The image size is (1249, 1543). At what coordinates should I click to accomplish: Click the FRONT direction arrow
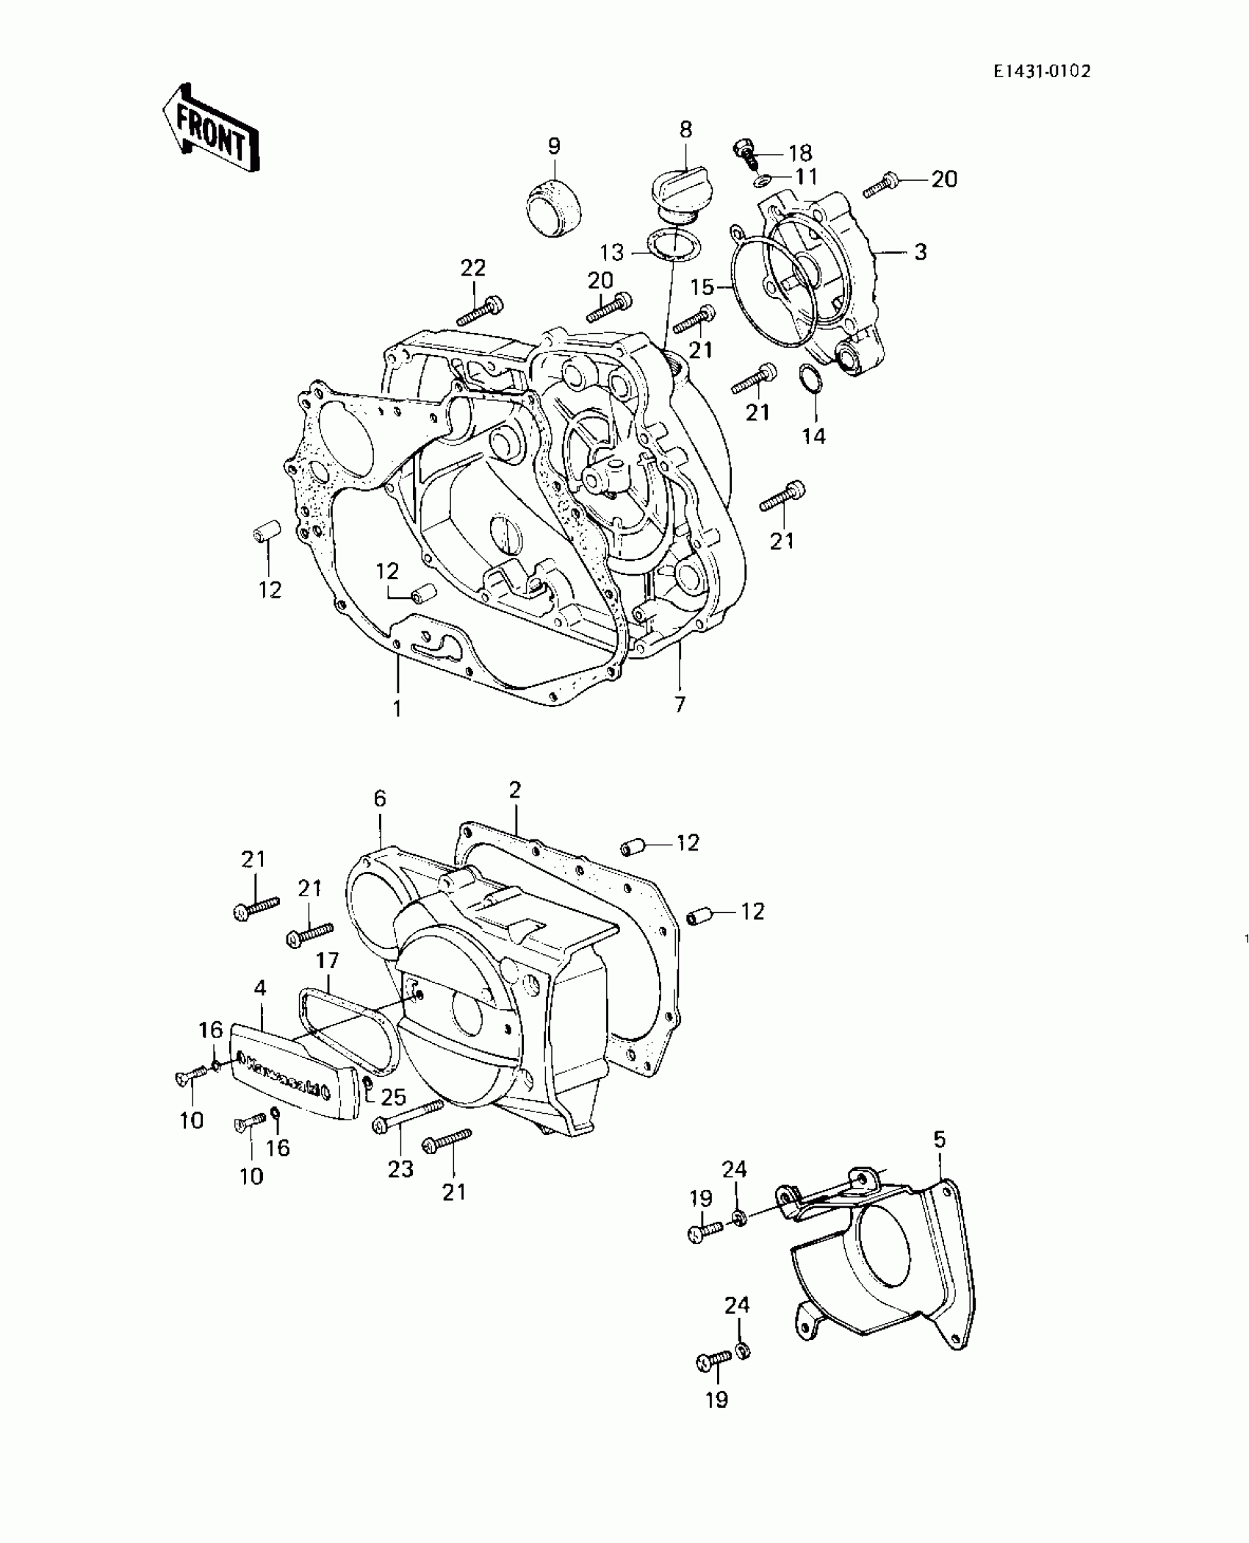pos(211,128)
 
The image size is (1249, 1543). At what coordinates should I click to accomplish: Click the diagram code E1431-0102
pos(1042,71)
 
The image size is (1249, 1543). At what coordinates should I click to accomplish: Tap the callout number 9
pos(554,146)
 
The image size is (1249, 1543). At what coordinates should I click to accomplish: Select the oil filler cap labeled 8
pos(685,193)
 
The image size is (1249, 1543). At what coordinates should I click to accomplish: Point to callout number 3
pos(921,252)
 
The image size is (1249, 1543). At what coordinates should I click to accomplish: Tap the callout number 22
pos(473,268)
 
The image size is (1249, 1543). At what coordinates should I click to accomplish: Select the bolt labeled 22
pos(481,310)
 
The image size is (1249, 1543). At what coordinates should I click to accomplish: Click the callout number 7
pos(680,704)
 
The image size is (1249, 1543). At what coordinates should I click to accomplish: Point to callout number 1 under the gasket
pos(397,708)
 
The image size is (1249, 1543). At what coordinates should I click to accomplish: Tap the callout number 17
pos(328,960)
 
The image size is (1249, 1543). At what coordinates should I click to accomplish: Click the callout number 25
pos(393,1098)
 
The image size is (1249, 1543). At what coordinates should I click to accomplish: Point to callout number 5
pos(940,1139)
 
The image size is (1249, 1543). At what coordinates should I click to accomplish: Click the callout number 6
pos(380,798)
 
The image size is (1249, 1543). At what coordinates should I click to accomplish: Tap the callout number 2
pos(514,790)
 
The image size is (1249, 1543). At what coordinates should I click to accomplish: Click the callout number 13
pos(611,252)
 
